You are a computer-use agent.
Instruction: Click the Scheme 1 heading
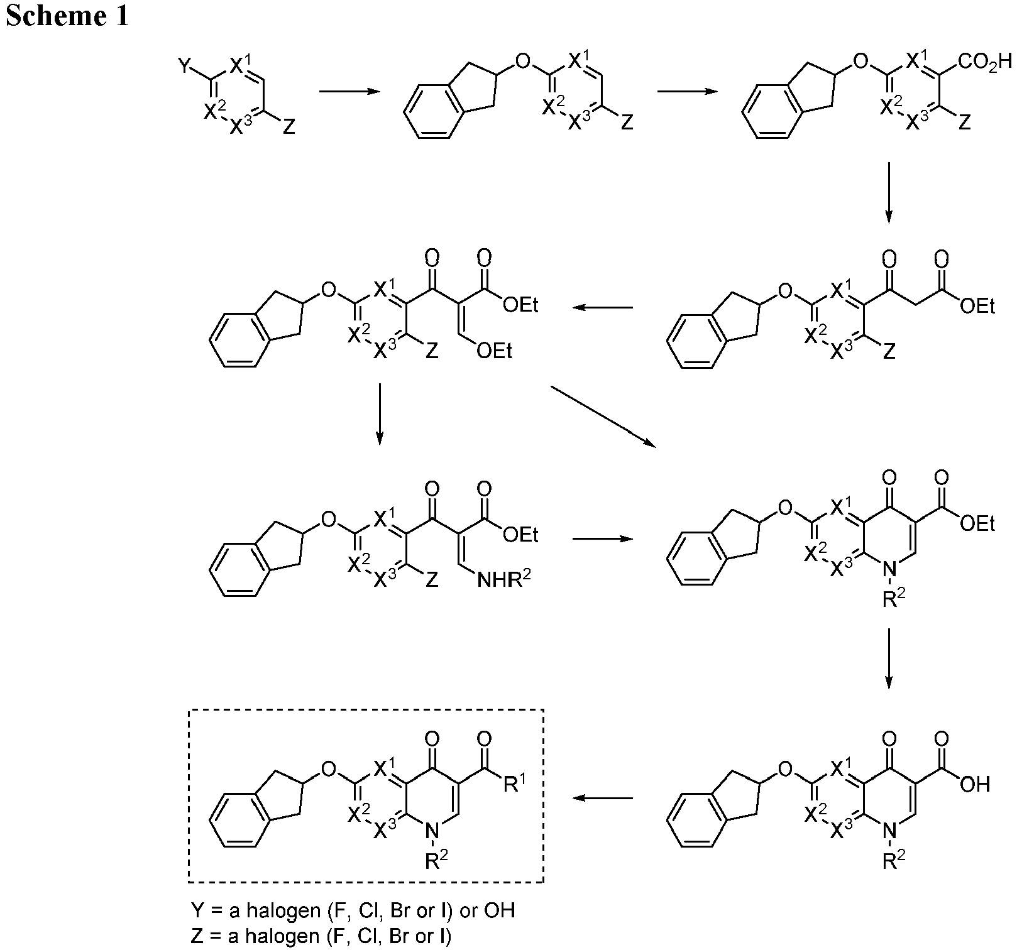tap(67, 15)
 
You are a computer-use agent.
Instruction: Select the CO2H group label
tap(986, 63)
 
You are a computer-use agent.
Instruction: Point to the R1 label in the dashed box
tap(514, 785)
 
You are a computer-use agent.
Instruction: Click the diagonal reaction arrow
tap(603, 417)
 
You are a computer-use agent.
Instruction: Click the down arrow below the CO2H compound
tap(888, 192)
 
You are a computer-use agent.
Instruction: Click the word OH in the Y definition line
tap(500, 911)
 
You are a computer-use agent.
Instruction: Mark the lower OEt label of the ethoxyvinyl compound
tap(494, 351)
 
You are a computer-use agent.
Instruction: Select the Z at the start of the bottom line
tap(196, 936)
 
